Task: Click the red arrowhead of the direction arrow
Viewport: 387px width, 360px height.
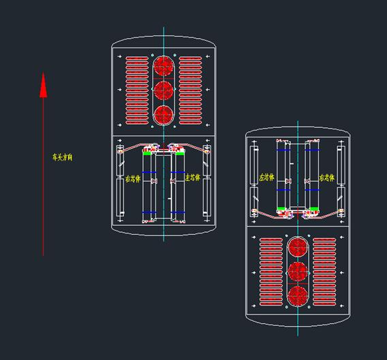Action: (x=43, y=85)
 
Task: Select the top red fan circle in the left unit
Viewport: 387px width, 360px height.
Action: (x=163, y=66)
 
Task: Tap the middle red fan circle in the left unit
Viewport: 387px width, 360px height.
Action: (x=163, y=91)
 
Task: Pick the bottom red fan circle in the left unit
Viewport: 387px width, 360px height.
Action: (x=163, y=115)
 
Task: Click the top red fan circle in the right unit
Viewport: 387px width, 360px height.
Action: (x=297, y=246)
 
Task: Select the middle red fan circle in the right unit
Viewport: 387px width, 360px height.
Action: (x=297, y=271)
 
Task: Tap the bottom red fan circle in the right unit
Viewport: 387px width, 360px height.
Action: (x=297, y=295)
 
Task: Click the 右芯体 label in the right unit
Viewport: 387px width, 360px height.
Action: (x=327, y=178)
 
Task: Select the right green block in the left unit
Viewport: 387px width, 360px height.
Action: (x=180, y=153)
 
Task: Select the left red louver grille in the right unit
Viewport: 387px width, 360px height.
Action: (x=270, y=271)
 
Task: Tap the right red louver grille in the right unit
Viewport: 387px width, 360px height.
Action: (x=324, y=271)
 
